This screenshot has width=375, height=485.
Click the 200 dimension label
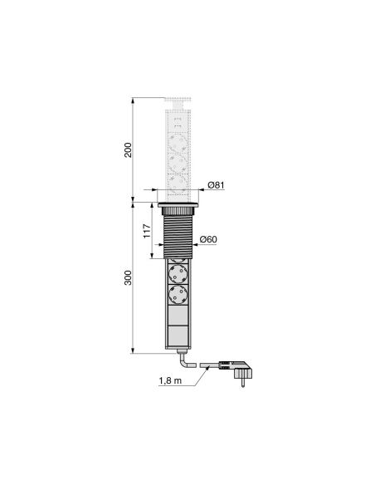coord(128,150)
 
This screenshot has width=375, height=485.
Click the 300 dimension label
coord(128,277)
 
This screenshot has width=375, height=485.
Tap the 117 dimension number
coord(148,231)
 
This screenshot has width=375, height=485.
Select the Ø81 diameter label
coord(216,185)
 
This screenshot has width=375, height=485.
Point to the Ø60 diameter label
coord(208,239)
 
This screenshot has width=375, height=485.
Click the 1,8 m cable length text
coord(170,380)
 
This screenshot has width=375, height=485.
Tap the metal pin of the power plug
coord(243,383)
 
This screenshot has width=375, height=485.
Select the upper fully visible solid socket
coord(178,273)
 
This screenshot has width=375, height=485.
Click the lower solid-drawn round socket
coord(178,295)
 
